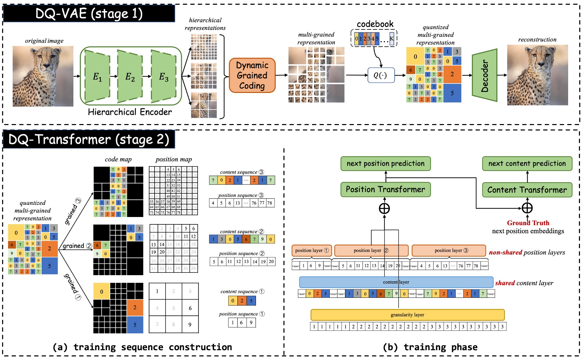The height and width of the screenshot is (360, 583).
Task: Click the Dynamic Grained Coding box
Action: (252, 75)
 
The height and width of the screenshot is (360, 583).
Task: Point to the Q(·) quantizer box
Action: (381, 75)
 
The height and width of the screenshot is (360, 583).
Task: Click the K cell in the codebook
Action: (392, 39)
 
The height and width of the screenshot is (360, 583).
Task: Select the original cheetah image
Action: (43, 76)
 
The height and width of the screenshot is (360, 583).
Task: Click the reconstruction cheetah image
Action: (537, 75)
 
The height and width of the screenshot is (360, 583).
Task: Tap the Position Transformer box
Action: (386, 189)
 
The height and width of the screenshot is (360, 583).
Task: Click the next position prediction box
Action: (386, 164)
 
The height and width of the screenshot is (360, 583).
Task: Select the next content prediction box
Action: (527, 164)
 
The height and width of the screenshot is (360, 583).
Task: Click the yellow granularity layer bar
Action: (407, 315)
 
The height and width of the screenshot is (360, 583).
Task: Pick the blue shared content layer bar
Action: (396, 282)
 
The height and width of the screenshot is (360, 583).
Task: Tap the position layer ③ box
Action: (449, 250)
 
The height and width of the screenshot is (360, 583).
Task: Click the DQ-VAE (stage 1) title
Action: (89, 14)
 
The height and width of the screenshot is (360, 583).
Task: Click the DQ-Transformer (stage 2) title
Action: (89, 139)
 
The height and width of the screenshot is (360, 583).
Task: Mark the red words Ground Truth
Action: (528, 223)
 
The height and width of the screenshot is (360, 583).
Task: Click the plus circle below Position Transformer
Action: (384, 208)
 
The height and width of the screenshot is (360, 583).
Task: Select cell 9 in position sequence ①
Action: (251, 322)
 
